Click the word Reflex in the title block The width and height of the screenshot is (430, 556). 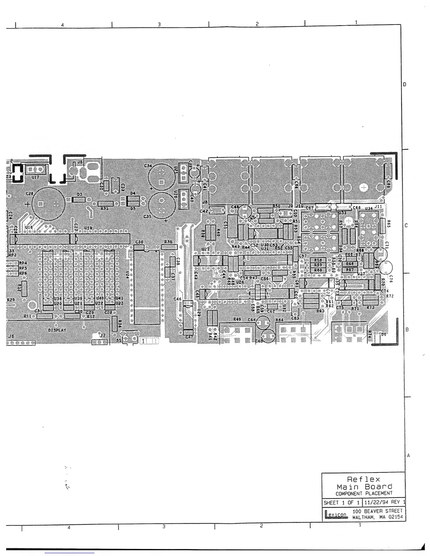click(x=364, y=479)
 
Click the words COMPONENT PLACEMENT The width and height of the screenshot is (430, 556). click(x=364, y=493)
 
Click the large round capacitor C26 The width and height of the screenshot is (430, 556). click(x=48, y=204)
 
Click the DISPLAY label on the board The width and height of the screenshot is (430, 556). click(x=57, y=330)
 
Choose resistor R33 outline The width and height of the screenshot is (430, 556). click(x=105, y=204)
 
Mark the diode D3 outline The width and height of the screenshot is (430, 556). click(x=79, y=199)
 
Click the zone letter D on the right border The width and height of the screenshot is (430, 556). click(x=405, y=85)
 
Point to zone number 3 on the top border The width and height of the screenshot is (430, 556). click(x=159, y=25)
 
